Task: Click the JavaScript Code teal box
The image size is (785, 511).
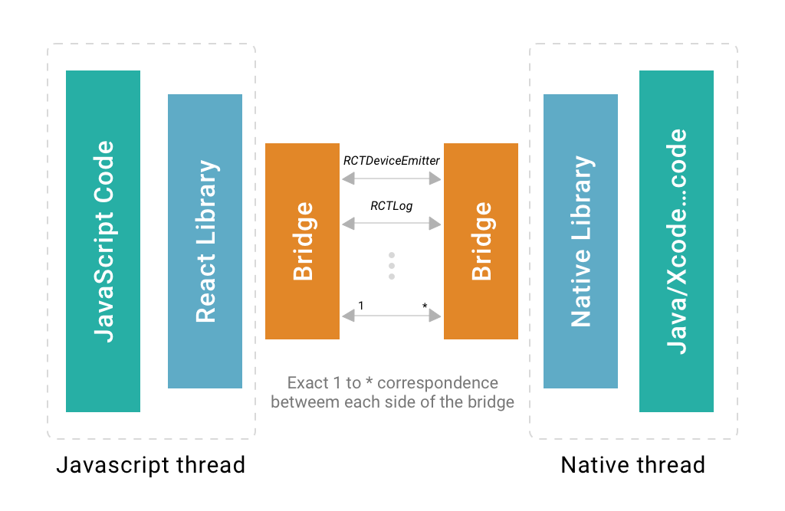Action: pos(103,241)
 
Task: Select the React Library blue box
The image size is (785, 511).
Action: pos(205,241)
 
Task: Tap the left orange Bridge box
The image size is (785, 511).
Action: pos(302,241)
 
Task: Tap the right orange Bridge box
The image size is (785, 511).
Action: pos(481,241)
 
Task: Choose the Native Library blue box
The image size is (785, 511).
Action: pos(580,241)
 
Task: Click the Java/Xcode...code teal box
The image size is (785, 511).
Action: pos(676,241)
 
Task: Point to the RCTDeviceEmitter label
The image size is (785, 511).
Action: pos(391,161)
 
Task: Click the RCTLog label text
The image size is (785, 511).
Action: pos(392,205)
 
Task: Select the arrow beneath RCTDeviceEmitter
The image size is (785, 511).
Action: pos(392,179)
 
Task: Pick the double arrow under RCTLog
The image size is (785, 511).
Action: pos(392,224)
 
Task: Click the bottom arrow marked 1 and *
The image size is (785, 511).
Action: pos(392,315)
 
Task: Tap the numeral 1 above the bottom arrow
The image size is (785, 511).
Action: pos(361,306)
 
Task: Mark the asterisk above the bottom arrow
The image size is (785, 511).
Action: pos(425,307)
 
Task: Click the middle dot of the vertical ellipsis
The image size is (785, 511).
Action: pos(392,265)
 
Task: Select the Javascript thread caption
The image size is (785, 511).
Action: pos(151,465)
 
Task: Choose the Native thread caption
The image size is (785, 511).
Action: pos(633,465)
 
